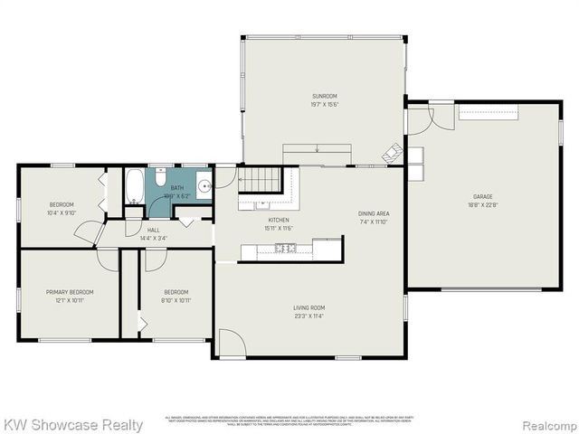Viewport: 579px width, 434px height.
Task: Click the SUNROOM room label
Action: click(x=324, y=96)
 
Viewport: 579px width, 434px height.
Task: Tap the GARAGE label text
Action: click(x=482, y=196)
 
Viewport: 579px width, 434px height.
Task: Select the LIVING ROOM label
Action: click(x=308, y=308)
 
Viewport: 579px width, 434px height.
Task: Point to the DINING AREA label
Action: click(x=373, y=212)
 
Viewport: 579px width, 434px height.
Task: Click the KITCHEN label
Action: click(x=279, y=220)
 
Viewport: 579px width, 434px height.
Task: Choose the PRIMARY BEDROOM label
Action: click(x=70, y=292)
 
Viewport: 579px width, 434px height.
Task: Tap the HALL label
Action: click(x=154, y=231)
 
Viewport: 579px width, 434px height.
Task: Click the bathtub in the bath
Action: click(x=134, y=187)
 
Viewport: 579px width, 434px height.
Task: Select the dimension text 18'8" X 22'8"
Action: click(x=482, y=204)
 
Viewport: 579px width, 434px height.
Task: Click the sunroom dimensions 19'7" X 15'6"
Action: click(x=324, y=104)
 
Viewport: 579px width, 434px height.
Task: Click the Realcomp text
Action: click(x=547, y=424)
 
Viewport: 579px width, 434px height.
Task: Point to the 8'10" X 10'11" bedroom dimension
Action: click(x=176, y=299)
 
